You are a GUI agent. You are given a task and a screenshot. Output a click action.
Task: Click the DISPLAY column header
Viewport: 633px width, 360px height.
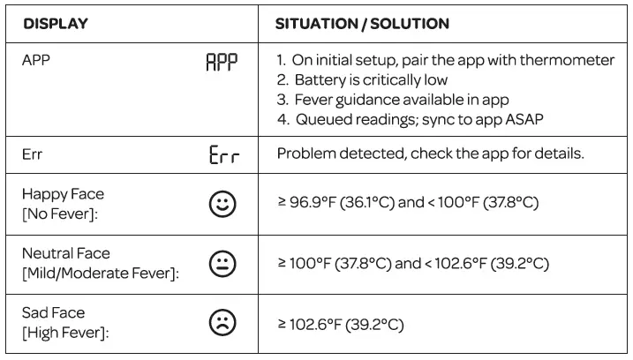pyautogui.click(x=56, y=24)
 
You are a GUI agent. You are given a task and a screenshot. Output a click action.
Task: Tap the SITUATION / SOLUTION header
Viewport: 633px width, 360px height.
pyautogui.click(x=362, y=24)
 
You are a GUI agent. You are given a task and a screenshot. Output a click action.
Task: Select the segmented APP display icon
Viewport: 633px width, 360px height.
pyautogui.click(x=222, y=62)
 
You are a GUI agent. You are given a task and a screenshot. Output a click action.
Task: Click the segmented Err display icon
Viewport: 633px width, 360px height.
pyautogui.click(x=224, y=154)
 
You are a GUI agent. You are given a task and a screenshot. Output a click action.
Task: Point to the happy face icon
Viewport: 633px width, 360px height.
pyautogui.click(x=222, y=204)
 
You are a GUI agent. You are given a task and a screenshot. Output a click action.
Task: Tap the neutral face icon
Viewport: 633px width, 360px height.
pyautogui.click(x=222, y=264)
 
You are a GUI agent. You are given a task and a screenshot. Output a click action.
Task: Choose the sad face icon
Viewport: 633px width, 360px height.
pyautogui.click(x=222, y=323)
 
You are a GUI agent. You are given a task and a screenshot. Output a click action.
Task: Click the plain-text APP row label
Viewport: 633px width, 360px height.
pyautogui.click(x=36, y=60)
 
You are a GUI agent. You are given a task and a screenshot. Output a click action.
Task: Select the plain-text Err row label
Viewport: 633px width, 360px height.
pyautogui.click(x=32, y=154)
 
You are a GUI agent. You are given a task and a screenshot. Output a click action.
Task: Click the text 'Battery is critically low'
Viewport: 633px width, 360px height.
pyautogui.click(x=371, y=80)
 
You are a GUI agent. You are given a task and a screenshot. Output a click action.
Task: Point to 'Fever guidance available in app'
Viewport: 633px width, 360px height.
pyautogui.click(x=402, y=100)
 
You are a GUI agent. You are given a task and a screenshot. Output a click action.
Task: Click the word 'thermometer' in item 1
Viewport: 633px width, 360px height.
pyautogui.click(x=567, y=60)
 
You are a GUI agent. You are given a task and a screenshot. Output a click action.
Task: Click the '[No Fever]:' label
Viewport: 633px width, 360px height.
pyautogui.click(x=60, y=214)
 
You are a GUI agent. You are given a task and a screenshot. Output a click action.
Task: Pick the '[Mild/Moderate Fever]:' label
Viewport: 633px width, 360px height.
pyautogui.click(x=101, y=274)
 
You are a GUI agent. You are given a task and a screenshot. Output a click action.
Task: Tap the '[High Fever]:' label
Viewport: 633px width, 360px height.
pyautogui.click(x=66, y=333)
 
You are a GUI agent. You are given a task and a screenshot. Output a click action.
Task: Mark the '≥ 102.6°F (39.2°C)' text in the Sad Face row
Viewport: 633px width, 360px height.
pyautogui.click(x=340, y=325)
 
